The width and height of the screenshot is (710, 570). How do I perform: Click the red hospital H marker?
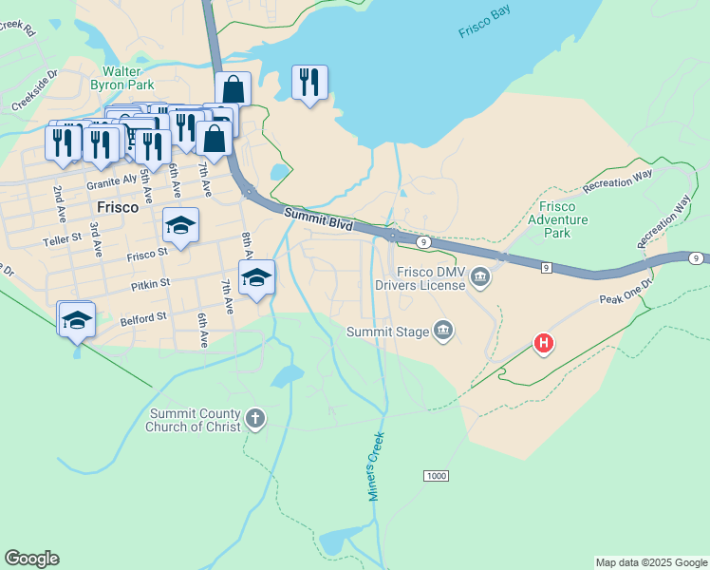[543, 342]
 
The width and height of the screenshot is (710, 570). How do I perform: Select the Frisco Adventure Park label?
[563, 219]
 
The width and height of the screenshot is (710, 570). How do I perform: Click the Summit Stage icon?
[442, 332]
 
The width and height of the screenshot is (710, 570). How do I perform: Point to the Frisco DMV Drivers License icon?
[480, 277]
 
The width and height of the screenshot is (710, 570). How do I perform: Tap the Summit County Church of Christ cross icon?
[254, 418]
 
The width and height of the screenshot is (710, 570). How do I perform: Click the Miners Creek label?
[377, 466]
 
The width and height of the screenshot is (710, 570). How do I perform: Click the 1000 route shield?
[436, 475]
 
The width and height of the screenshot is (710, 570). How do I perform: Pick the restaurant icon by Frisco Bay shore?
[309, 83]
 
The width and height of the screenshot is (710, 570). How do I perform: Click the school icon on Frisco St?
[180, 226]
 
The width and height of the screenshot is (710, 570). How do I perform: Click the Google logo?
[31, 559]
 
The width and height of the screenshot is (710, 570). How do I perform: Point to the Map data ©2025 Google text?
[651, 562]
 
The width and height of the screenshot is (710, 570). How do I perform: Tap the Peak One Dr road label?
[626, 292]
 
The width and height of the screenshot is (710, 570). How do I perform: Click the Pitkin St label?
[150, 282]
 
